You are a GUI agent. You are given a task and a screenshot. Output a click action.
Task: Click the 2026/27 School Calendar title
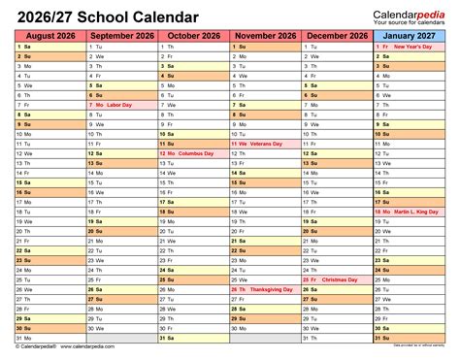pyautogui.click(x=107, y=17)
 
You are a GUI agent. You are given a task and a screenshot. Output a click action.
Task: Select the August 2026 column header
pyautogui.click(x=49, y=36)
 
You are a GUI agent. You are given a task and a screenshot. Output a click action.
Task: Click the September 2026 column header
pyautogui.click(x=121, y=36)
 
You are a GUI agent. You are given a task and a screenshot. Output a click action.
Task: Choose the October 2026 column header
pyautogui.click(x=192, y=36)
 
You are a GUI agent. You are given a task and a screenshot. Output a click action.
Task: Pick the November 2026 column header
pyautogui.click(x=265, y=36)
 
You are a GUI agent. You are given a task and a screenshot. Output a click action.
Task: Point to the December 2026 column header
pyautogui.click(x=337, y=36)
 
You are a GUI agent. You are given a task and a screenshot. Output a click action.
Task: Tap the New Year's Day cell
pyautogui.click(x=409, y=47)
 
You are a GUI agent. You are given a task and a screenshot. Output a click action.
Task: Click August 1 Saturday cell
pyautogui.click(x=49, y=47)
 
